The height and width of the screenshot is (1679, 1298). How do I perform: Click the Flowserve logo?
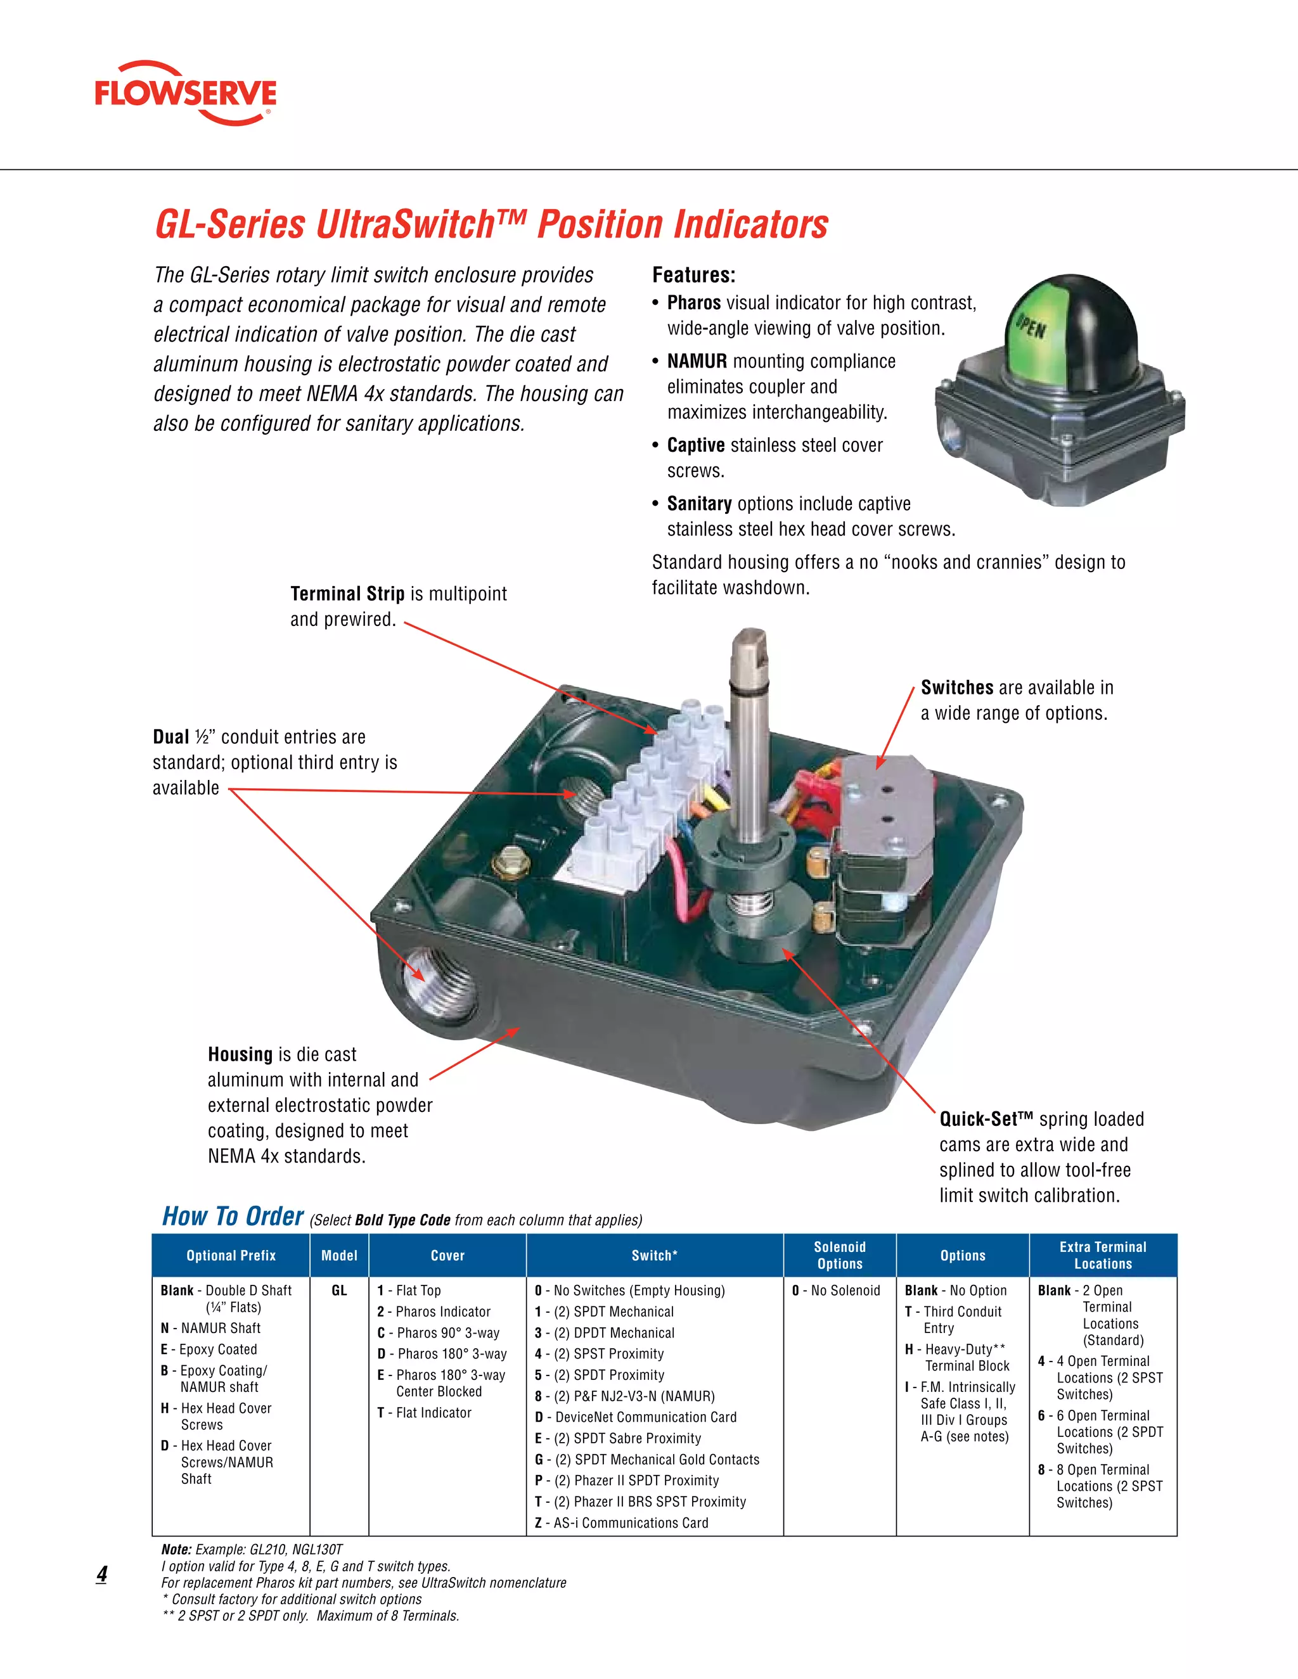[x=185, y=93]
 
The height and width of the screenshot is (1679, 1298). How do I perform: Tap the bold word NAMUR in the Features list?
[x=697, y=361]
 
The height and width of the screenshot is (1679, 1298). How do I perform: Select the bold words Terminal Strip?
[x=347, y=594]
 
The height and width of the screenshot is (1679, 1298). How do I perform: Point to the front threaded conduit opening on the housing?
[x=426, y=976]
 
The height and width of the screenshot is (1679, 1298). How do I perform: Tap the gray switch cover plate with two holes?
[x=884, y=803]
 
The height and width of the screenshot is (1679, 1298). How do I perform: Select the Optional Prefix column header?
[x=231, y=1255]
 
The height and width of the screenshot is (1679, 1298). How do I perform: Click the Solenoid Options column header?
[x=840, y=1254]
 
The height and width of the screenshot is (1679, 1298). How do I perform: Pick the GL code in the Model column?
[x=339, y=1291]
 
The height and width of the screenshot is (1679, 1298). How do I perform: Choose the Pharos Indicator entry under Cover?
[x=434, y=1312]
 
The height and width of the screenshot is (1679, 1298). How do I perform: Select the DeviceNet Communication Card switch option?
[x=635, y=1417]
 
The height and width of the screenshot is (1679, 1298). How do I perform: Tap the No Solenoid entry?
[x=836, y=1291]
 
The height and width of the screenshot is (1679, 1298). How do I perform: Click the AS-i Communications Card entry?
[x=621, y=1523]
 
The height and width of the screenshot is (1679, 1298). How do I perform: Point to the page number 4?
[x=101, y=1574]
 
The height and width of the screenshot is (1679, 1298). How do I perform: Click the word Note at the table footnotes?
[x=176, y=1549]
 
